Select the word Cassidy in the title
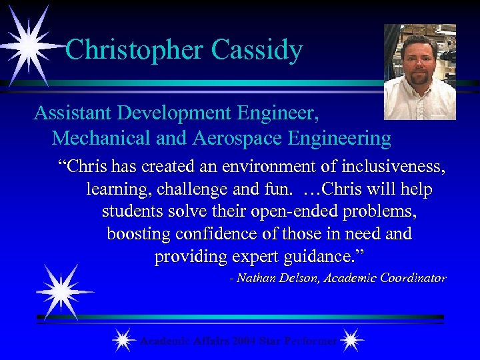click(257, 50)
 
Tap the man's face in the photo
click(419, 64)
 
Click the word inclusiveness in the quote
click(394, 167)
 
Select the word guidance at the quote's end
click(332, 257)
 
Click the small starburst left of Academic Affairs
click(123, 341)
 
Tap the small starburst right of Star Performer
click(351, 341)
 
